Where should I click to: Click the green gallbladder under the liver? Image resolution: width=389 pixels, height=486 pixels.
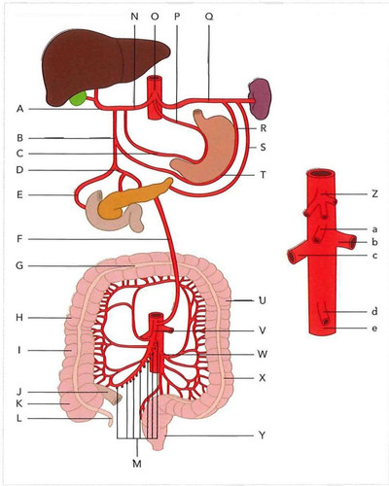point(78,98)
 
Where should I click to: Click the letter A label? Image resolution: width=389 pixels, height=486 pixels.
point(20,109)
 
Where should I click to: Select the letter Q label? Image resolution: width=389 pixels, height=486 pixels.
point(209,17)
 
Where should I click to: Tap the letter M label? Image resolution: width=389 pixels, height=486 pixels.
point(137,464)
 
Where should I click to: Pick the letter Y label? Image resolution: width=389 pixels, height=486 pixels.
point(263,435)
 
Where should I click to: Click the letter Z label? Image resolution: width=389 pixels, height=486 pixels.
point(374,194)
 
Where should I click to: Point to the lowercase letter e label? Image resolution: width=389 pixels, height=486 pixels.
point(374,329)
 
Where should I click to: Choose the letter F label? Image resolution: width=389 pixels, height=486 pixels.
point(19,239)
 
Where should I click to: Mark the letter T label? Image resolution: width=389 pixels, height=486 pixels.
point(263,175)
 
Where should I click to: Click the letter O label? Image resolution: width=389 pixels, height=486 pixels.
point(155,17)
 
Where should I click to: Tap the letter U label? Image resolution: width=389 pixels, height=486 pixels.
point(263,300)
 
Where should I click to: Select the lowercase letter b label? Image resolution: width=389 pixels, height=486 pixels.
point(374,242)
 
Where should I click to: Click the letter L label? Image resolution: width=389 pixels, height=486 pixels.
point(19,418)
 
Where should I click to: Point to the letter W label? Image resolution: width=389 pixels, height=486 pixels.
point(262,354)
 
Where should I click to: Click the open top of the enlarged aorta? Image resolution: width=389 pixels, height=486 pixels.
point(321,174)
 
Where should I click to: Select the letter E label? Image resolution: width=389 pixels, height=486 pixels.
point(19,194)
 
